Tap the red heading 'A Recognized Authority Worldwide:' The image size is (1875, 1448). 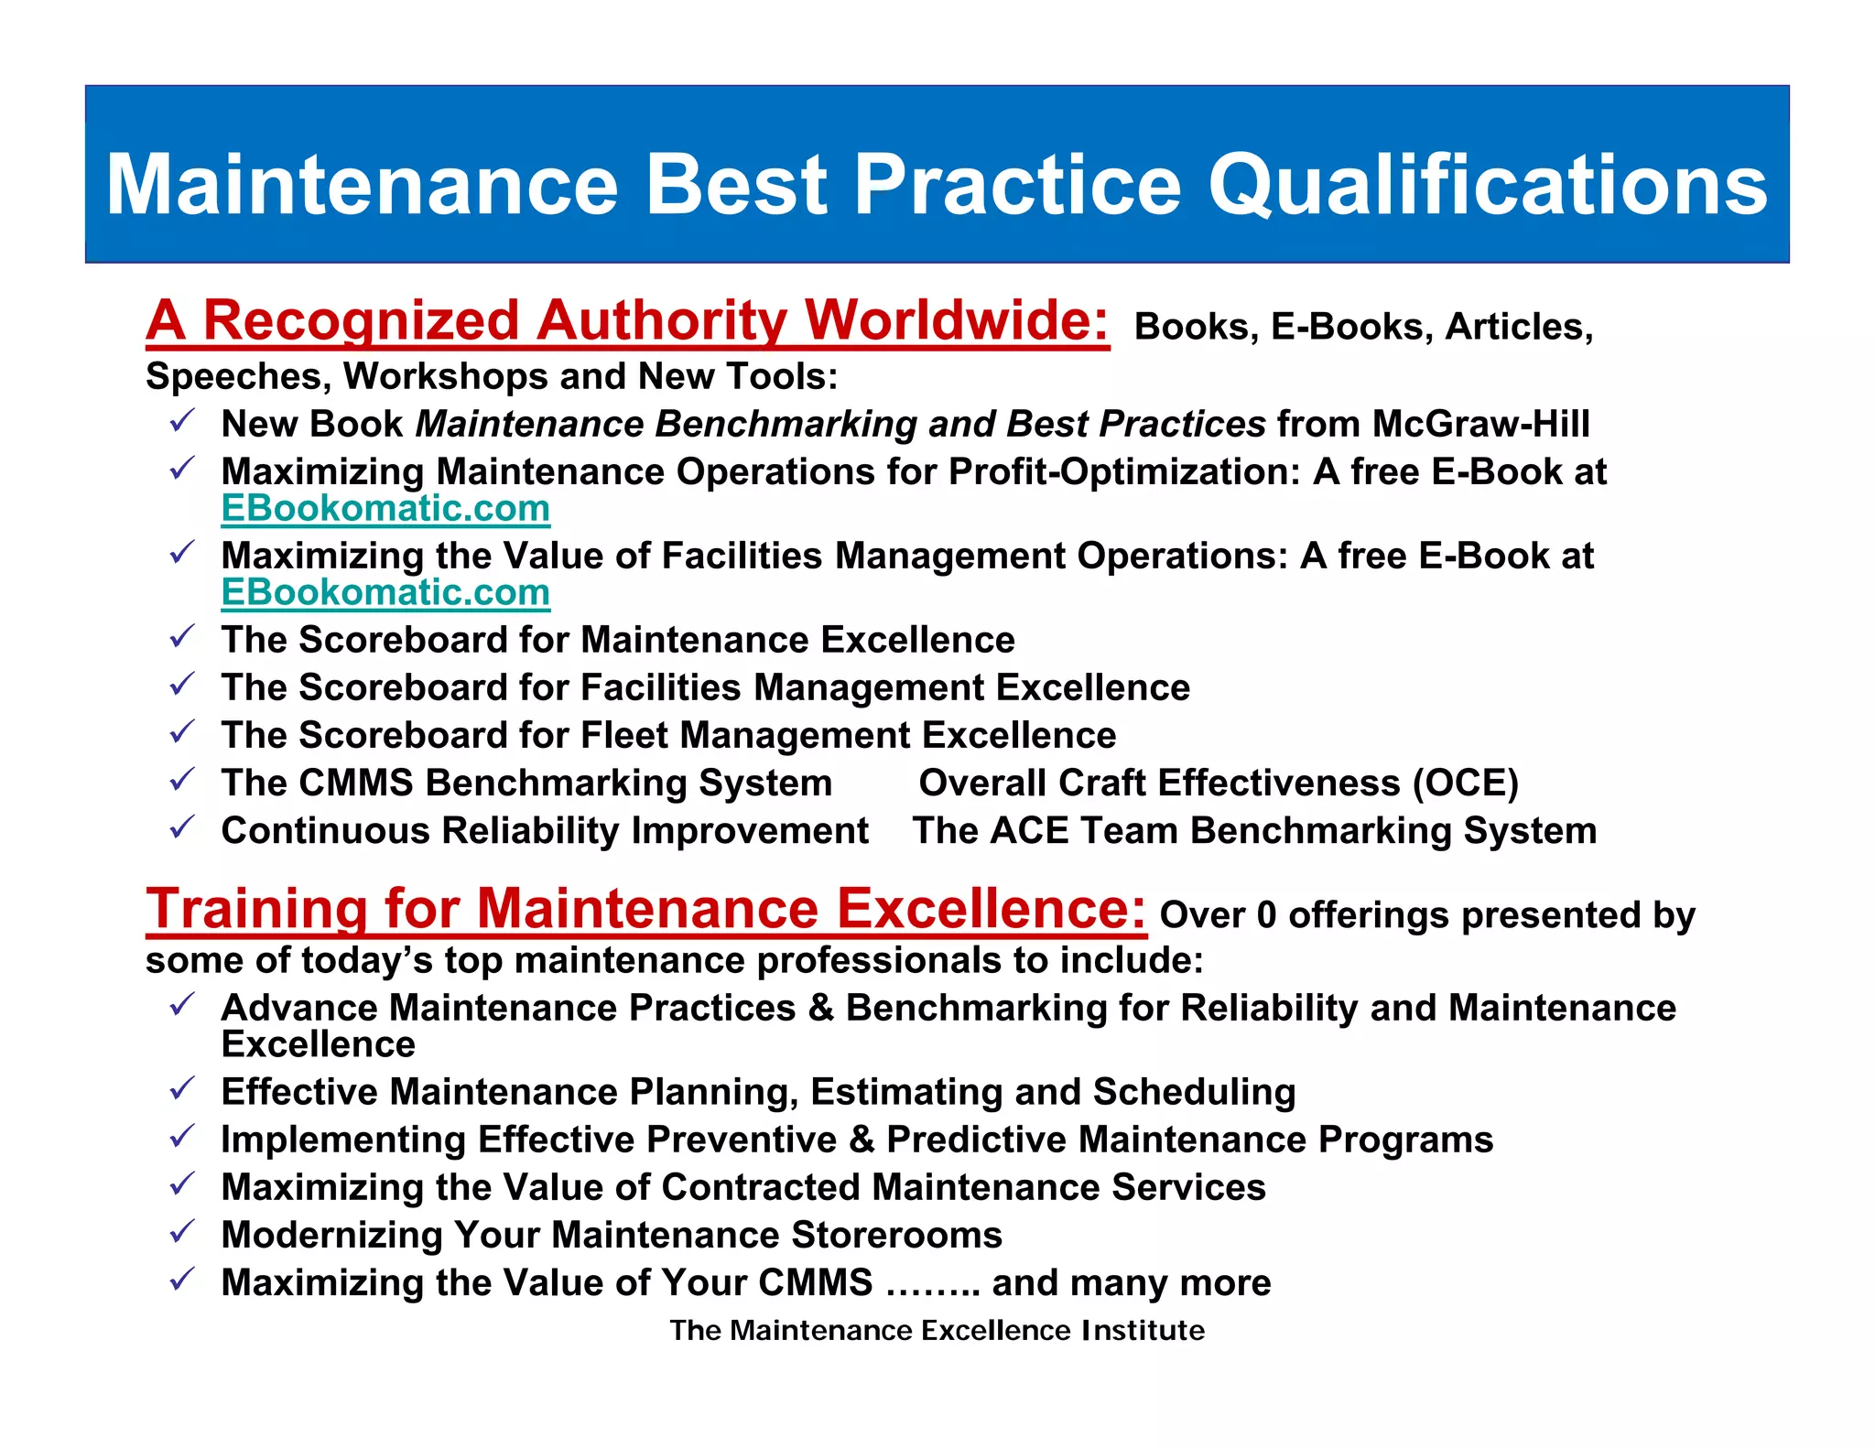pyautogui.click(x=627, y=322)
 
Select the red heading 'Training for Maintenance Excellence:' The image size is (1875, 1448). pyautogui.click(x=645, y=910)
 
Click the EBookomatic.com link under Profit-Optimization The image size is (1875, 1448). pyautogui.click(x=385, y=509)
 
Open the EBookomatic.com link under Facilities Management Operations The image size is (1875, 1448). pyautogui.click(x=385, y=593)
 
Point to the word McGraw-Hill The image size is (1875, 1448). pyautogui.click(x=1480, y=425)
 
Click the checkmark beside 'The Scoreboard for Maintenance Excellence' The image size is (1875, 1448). pyautogui.click(x=182, y=636)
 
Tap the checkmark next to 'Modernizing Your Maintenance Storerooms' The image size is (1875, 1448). pyautogui.click(x=182, y=1231)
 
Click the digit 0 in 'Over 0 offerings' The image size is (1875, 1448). pyautogui.click(x=1266, y=915)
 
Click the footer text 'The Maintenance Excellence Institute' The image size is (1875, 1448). pyautogui.click(x=937, y=1330)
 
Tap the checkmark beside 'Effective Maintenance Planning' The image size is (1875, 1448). pyautogui.click(x=182, y=1088)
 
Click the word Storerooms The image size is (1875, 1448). pyautogui.click(x=896, y=1236)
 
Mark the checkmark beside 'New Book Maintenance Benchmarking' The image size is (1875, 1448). pyautogui.click(x=182, y=421)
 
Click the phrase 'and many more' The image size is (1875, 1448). pyautogui.click(x=1132, y=1283)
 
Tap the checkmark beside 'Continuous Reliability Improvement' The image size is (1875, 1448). pyautogui.click(x=182, y=827)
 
